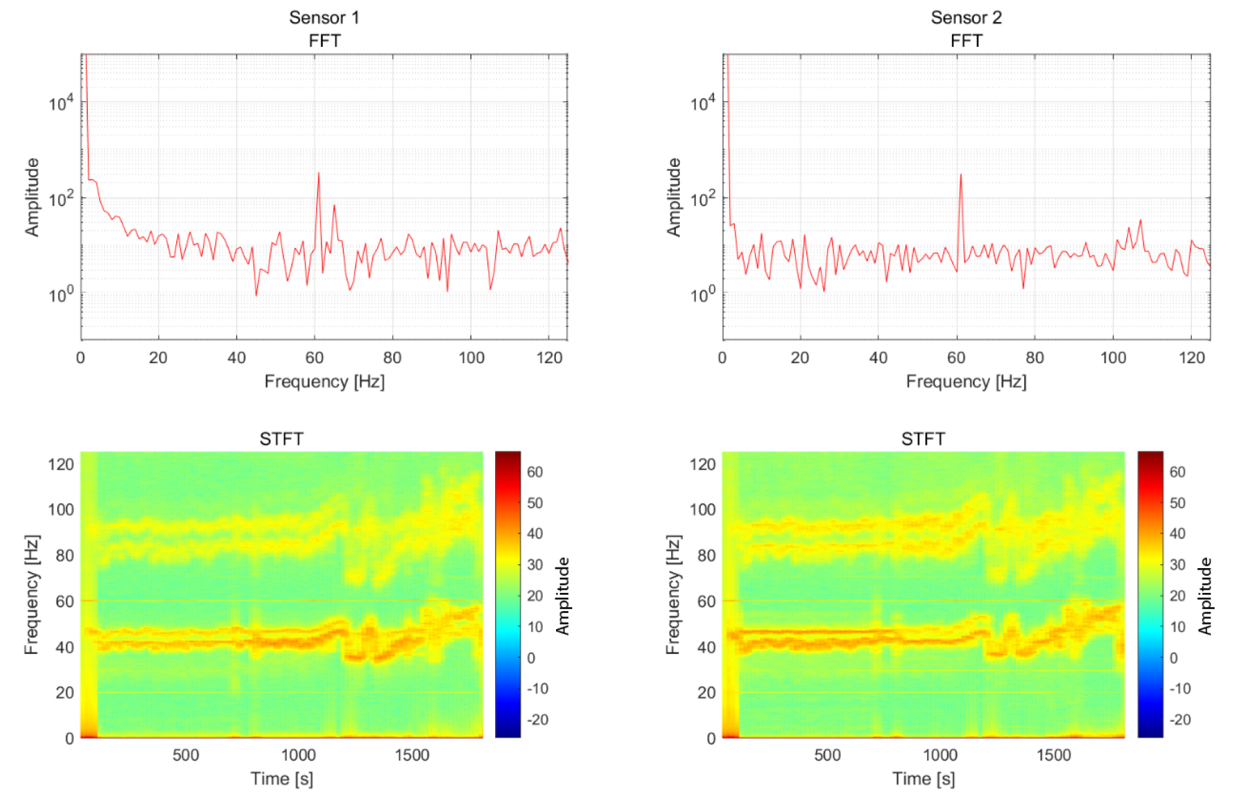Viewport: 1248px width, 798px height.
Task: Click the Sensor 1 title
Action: click(324, 17)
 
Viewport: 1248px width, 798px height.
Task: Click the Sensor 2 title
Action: click(966, 17)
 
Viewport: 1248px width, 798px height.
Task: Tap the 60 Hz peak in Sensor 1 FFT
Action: click(318, 174)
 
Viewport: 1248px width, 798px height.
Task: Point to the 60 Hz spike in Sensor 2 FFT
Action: click(961, 176)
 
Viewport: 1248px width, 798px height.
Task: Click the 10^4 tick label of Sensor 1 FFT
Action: click(61, 103)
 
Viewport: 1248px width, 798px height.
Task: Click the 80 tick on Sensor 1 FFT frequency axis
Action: click(393, 358)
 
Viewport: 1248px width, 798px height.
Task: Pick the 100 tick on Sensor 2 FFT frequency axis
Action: click(1113, 358)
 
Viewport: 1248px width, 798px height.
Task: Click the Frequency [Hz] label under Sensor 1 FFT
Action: click(324, 382)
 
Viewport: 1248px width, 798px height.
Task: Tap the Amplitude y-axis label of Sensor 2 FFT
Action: click(673, 197)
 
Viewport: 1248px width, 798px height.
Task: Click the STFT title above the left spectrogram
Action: click(281, 439)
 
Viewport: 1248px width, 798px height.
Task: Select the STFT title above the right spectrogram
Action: click(923, 439)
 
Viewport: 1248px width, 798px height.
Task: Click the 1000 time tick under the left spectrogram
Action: click(298, 755)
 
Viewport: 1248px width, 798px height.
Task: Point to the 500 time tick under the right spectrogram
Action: click(827, 755)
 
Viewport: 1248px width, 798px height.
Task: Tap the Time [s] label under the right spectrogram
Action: click(923, 779)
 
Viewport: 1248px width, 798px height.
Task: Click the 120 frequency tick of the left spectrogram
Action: click(61, 464)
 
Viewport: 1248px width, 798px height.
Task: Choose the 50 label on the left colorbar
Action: click(535, 503)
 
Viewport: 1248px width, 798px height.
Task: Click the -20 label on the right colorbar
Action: click(1180, 720)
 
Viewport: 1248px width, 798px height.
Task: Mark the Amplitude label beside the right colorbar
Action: click(1205, 596)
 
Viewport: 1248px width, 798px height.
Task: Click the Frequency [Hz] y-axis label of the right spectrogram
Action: click(673, 594)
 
